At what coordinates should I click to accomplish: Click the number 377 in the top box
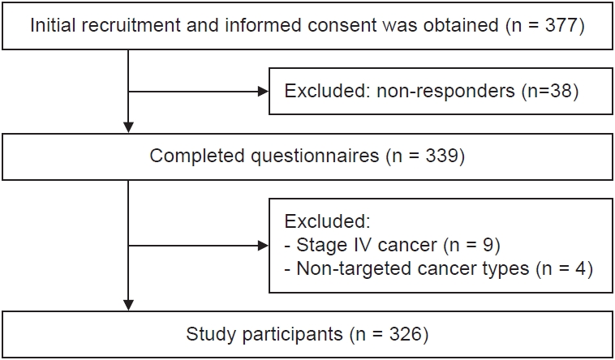(x=561, y=25)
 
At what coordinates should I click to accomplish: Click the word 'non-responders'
(x=445, y=92)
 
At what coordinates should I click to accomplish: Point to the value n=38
(x=550, y=92)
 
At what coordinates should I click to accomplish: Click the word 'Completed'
(x=199, y=156)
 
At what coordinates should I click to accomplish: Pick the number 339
(x=441, y=156)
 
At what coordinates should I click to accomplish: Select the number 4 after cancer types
(x=578, y=269)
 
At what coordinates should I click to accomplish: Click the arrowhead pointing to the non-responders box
(x=264, y=92)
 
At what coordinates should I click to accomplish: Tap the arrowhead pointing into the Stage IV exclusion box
(x=264, y=246)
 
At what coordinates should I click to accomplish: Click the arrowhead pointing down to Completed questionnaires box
(x=128, y=127)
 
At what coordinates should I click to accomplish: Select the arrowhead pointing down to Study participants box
(x=128, y=305)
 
